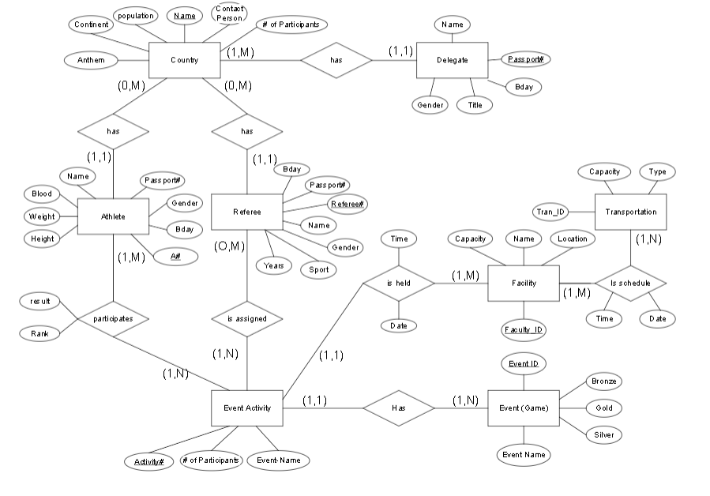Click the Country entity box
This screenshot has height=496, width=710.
184,60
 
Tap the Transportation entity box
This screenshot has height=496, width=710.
630,212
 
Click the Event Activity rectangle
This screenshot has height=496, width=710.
247,408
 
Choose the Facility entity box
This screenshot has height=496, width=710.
523,284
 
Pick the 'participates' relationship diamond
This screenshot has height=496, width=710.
113,319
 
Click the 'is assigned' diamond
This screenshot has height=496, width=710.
246,319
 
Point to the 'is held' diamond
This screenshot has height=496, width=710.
398,281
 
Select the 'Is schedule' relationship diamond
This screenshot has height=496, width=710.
630,283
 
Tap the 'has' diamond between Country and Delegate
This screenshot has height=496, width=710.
336,60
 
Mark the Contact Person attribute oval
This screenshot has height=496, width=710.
229,13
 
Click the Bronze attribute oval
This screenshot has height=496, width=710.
603,381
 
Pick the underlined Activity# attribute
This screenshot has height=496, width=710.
148,461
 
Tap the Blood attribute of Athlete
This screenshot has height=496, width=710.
42,194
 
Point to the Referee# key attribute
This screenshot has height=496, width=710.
348,205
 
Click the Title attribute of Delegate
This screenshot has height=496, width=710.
475,105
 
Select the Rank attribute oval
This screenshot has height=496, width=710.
39,334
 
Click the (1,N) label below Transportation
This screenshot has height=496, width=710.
649,238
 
